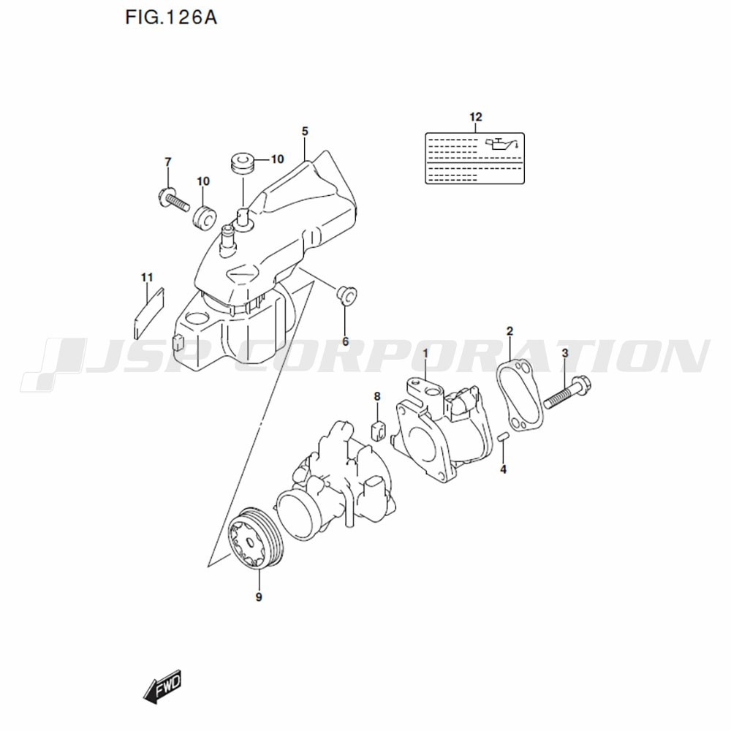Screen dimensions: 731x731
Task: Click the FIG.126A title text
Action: pos(171,18)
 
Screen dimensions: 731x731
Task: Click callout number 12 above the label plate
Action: pos(476,116)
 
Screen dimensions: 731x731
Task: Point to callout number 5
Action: pos(305,132)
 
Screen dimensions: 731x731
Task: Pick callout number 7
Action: pos(168,162)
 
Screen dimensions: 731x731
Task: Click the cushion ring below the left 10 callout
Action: pos(204,218)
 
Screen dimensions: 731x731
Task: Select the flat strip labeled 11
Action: pos(148,313)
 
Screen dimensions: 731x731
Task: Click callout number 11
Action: pos(148,277)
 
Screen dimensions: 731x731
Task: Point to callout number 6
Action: pos(346,341)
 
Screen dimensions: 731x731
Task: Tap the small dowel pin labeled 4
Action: pos(503,437)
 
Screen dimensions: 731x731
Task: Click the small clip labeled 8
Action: pos(378,429)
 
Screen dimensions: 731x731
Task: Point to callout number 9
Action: pos(259,596)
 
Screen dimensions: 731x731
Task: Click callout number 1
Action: pos(425,354)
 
